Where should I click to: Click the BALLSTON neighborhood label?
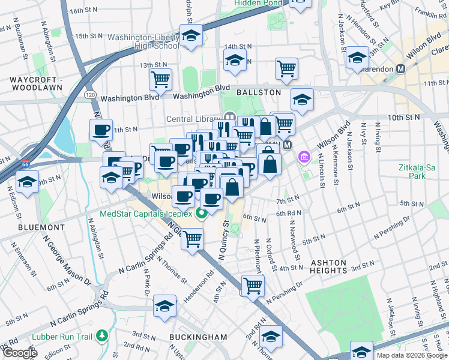pos(258,92)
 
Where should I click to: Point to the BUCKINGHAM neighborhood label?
pos(198,337)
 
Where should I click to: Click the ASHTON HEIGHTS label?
pos(328,267)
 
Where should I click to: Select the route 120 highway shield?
pos(90,95)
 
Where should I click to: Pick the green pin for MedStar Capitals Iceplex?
pos(203,212)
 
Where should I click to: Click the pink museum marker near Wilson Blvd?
pos(305,158)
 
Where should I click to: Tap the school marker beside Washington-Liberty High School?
pos(191,36)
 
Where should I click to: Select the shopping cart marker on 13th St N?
pos(160,78)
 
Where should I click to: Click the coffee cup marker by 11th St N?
pos(101,129)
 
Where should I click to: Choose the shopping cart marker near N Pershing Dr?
pos(253,285)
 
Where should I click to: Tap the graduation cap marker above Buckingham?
pos(164,305)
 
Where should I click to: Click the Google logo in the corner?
pos(19,353)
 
